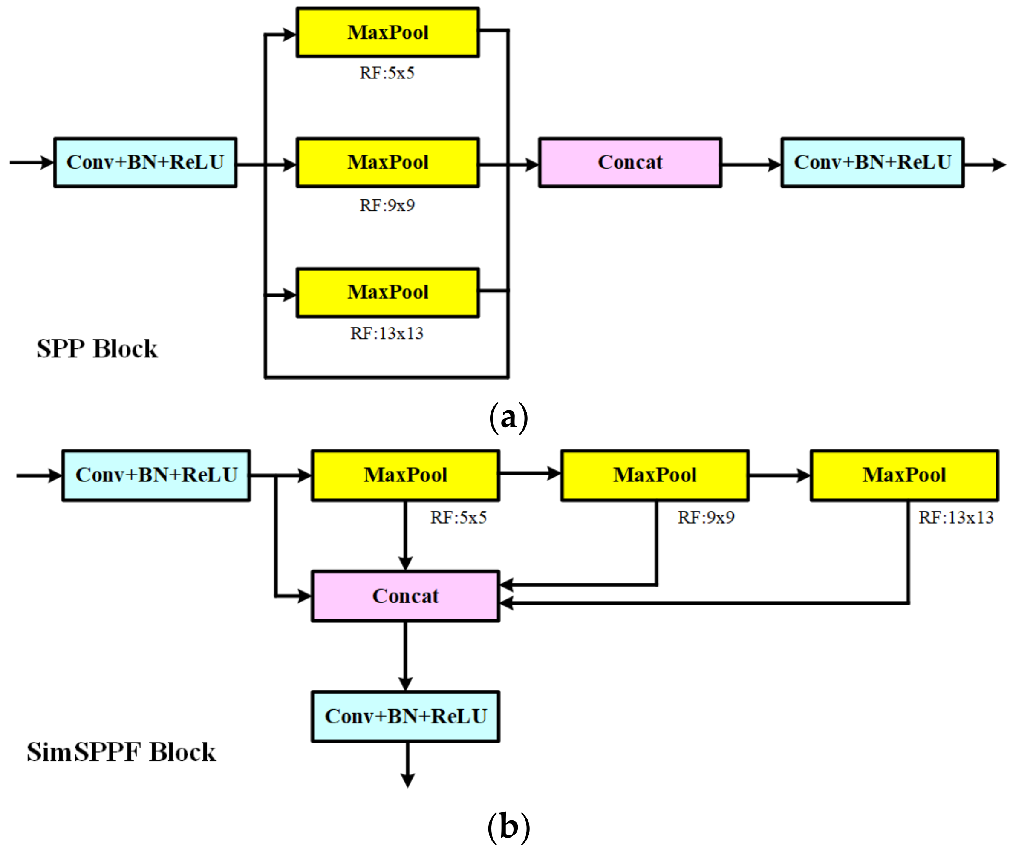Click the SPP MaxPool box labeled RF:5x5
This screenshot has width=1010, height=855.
pyautogui.click(x=387, y=32)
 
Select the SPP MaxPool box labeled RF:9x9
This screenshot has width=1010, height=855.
pyautogui.click(x=387, y=162)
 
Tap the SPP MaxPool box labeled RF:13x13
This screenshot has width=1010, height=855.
pyautogui.click(x=387, y=292)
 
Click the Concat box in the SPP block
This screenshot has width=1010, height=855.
pyautogui.click(x=630, y=162)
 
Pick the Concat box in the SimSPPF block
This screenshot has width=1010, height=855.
pyautogui.click(x=405, y=596)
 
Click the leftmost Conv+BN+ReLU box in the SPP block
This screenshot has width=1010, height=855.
pyautogui.click(x=145, y=162)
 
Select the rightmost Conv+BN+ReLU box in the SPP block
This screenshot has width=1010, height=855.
pyautogui.click(x=872, y=162)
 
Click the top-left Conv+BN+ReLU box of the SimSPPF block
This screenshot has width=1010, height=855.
pyautogui.click(x=156, y=475)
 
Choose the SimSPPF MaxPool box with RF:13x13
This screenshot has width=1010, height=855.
pyautogui.click(x=904, y=475)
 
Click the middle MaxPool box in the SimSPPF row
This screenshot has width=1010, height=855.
pyautogui.click(x=655, y=475)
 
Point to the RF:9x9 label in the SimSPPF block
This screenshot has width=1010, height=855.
pyautogui.click(x=706, y=518)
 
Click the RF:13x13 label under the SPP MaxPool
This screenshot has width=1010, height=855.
pyautogui.click(x=387, y=334)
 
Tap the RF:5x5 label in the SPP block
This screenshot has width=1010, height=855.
pyautogui.click(x=387, y=73)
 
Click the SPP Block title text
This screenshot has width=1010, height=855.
pyautogui.click(x=97, y=349)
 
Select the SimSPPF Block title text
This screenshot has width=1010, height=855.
pyautogui.click(x=121, y=752)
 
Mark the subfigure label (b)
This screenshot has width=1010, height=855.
pyautogui.click(x=508, y=827)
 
